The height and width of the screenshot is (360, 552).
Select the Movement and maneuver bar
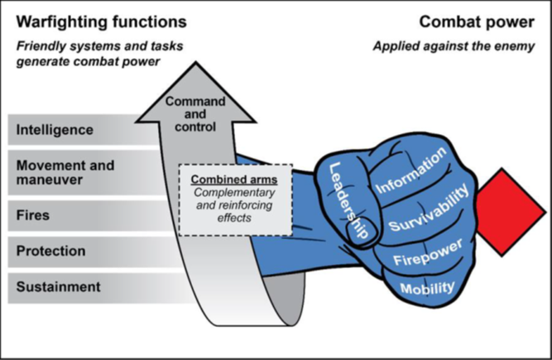[x=74, y=171]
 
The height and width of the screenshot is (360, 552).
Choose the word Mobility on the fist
[x=427, y=287]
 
